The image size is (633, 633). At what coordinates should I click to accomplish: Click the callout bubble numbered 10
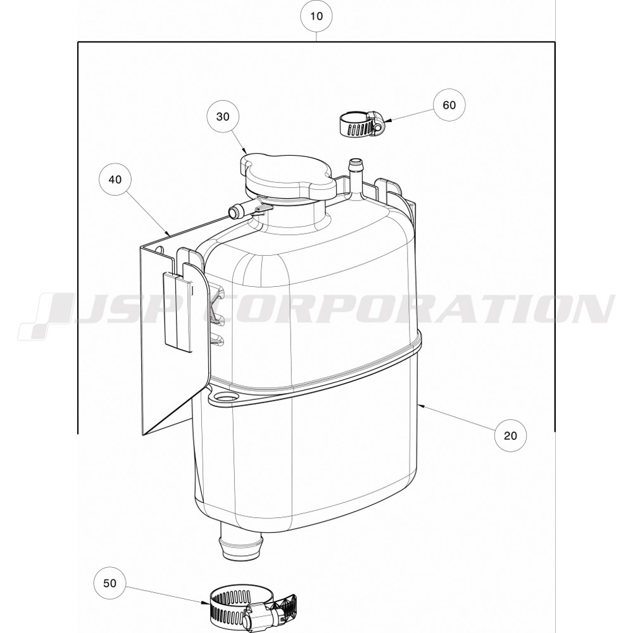[316, 16]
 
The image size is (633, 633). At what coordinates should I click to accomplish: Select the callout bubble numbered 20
[510, 436]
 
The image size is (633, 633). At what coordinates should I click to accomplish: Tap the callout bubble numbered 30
[223, 116]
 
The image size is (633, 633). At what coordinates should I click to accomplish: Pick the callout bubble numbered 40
[115, 179]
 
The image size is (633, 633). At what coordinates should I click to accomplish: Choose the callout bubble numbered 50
[110, 584]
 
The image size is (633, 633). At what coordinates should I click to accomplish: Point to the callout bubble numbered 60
[449, 105]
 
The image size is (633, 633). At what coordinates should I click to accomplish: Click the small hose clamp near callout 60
[361, 124]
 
